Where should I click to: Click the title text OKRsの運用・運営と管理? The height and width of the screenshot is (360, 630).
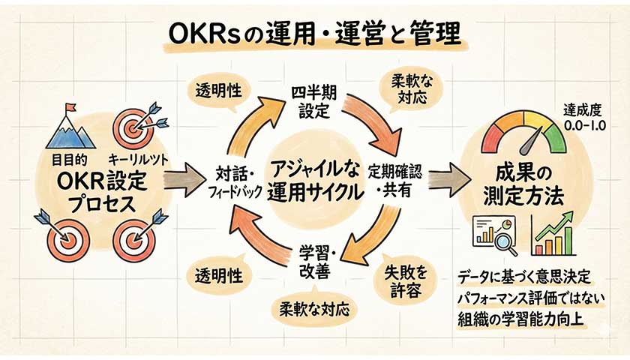[x=314, y=34]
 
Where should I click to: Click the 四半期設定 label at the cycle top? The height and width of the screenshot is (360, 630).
[x=313, y=106]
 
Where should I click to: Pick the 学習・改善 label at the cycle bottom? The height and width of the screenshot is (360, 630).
[x=314, y=259]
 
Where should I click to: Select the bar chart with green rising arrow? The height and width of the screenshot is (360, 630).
[x=554, y=234]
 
